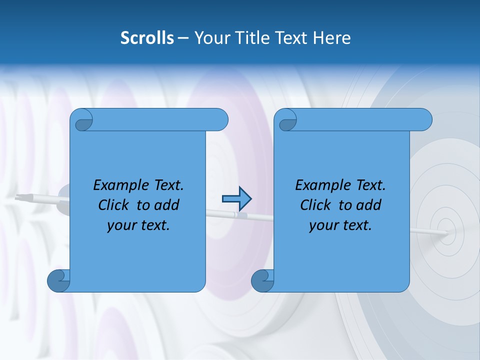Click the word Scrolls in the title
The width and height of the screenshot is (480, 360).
coord(147,38)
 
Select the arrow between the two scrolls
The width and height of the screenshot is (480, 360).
coord(236,199)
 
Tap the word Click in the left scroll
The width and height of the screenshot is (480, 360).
coord(115,205)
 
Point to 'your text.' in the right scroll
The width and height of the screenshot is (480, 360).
coord(340,225)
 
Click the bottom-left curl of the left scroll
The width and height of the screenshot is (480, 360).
coord(58,280)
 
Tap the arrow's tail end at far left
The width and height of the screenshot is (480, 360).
coord(20,197)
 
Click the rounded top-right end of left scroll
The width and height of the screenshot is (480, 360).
coord(220,119)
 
